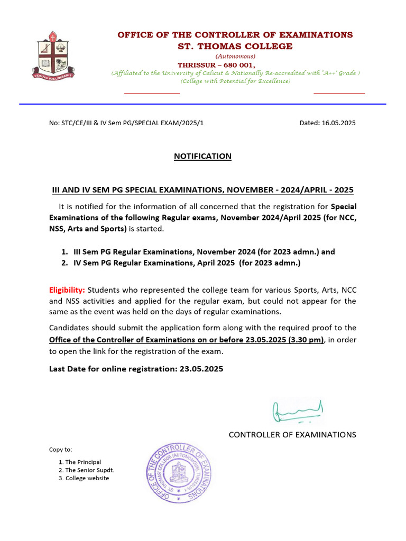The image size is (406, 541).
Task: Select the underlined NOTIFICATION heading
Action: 203,156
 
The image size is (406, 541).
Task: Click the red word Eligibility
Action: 67,290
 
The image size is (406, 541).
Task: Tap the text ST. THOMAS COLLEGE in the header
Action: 235,46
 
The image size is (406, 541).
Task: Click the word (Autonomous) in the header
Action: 235,56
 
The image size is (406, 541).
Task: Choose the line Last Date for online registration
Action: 136,369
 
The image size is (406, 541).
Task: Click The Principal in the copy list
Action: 83,462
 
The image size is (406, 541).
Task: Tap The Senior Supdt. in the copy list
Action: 89,470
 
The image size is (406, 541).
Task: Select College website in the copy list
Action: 87,478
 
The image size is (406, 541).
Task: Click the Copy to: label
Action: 61,450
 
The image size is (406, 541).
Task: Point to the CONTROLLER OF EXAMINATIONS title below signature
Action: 292,435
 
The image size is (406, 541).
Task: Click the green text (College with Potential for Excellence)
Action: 235,81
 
